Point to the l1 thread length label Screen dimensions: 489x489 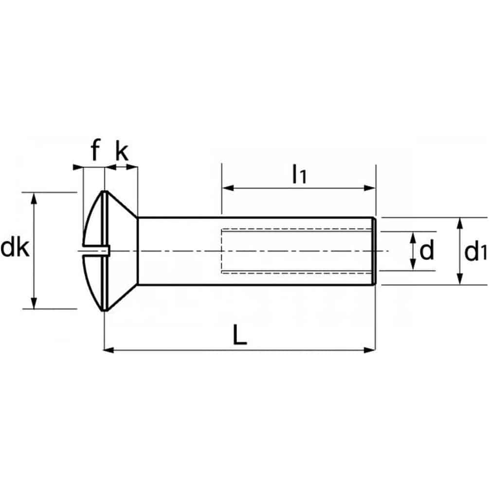(299, 174)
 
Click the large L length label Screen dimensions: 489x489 (239, 335)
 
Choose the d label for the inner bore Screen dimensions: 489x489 (426, 251)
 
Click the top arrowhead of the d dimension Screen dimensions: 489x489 (413, 236)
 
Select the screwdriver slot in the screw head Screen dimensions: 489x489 (95, 251)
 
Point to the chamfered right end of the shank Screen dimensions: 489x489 (374, 251)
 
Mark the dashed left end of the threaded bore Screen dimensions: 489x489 (222, 251)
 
